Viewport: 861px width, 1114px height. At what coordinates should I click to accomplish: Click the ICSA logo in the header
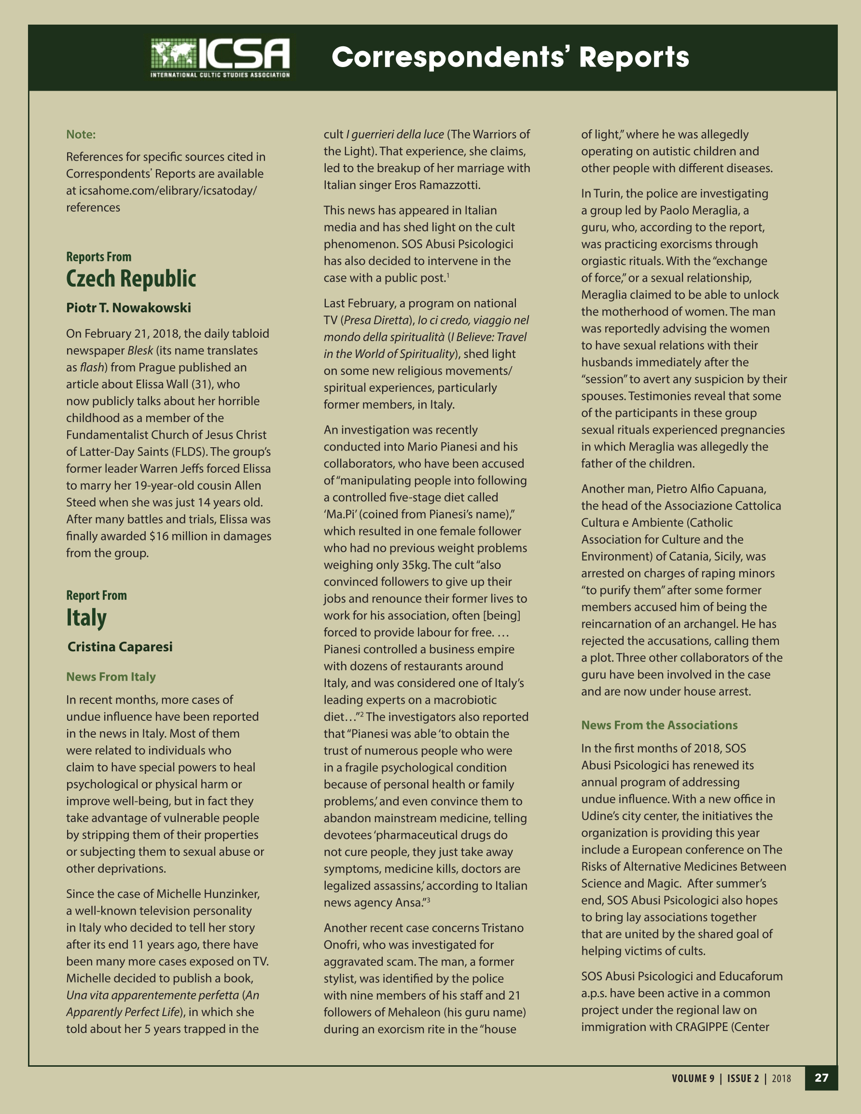click(221, 57)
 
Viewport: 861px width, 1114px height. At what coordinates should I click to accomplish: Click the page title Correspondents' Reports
click(510, 56)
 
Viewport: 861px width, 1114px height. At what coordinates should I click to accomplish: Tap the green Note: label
click(81, 134)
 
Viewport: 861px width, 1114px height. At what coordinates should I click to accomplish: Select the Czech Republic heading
click(131, 278)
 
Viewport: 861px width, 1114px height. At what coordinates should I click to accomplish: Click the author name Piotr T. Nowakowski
click(128, 308)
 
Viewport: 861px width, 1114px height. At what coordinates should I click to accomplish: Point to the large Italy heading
click(86, 618)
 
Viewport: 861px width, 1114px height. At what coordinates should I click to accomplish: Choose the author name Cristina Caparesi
click(120, 646)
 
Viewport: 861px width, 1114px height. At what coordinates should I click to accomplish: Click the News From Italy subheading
click(111, 676)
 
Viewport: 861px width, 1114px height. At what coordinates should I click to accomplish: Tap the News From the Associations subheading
click(659, 725)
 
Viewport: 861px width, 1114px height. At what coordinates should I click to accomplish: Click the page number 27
click(821, 1078)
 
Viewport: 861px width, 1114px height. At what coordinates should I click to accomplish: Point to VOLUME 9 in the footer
click(693, 1078)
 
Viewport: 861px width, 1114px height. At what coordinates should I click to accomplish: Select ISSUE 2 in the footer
click(743, 1078)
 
